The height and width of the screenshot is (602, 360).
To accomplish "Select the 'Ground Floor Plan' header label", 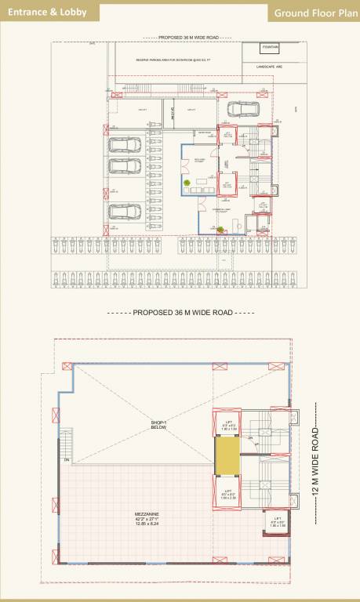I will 312,13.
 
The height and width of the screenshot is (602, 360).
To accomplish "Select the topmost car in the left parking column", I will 121,145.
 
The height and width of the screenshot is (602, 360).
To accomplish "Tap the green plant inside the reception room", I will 188,184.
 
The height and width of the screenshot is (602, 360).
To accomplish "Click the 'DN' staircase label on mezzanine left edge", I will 67,459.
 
